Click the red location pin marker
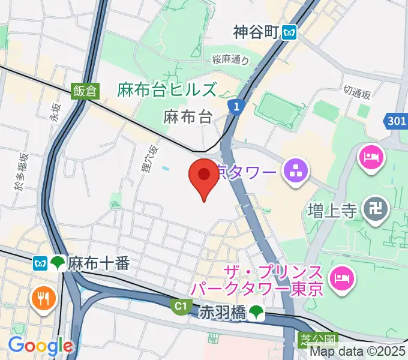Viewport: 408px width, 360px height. coord(204,175)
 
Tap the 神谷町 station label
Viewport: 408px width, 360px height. coord(257,32)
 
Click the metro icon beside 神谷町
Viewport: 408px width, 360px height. coord(290,32)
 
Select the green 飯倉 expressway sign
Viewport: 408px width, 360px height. coord(84,91)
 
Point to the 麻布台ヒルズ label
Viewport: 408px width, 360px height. coord(167,91)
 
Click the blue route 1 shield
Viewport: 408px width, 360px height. coord(237,107)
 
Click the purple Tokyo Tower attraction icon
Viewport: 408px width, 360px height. coord(296,172)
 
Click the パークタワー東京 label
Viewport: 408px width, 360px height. coord(257,289)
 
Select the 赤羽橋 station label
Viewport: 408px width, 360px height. coord(223,311)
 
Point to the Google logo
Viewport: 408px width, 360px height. coord(40,346)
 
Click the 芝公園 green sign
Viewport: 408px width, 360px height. coord(311,340)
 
